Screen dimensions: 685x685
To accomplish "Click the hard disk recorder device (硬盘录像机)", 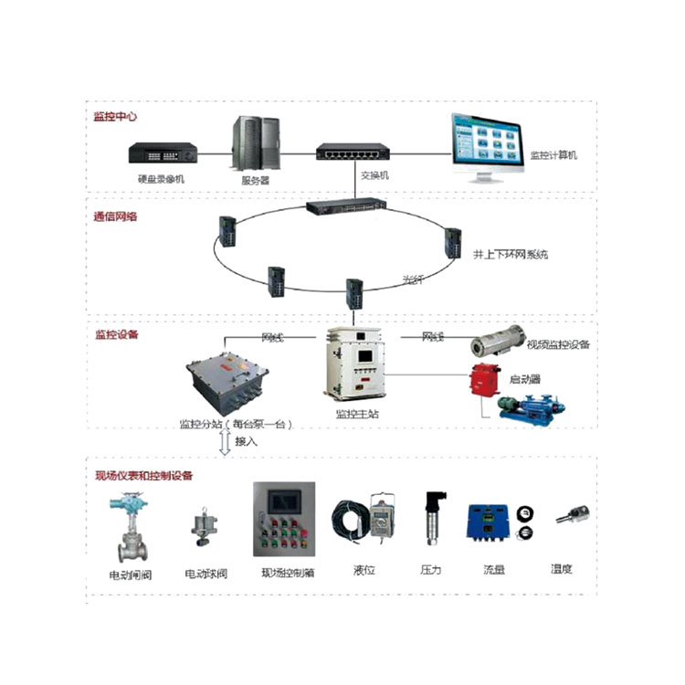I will pos(163,152).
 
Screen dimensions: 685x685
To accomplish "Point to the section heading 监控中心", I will pos(115,117).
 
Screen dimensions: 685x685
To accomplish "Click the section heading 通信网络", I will pos(115,217).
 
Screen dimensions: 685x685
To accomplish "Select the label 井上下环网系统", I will pos(511,255).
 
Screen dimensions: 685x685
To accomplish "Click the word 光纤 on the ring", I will pos(415,279).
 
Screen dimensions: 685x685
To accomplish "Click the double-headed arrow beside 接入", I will pos(224,443).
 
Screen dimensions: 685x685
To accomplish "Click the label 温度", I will pos(561,569).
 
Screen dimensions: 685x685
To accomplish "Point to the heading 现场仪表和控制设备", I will pos(144,475).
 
